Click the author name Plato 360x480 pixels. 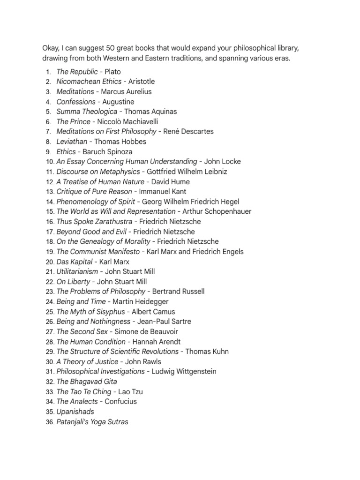112,72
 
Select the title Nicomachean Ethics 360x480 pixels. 89,82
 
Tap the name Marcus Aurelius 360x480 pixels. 126,92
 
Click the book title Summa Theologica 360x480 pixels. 87,112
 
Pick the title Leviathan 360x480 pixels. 72,142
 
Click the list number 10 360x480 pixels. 50,162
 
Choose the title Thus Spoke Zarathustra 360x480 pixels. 95,222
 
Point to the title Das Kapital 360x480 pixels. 75,262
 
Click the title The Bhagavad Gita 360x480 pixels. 87,382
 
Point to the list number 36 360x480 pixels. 50,422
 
